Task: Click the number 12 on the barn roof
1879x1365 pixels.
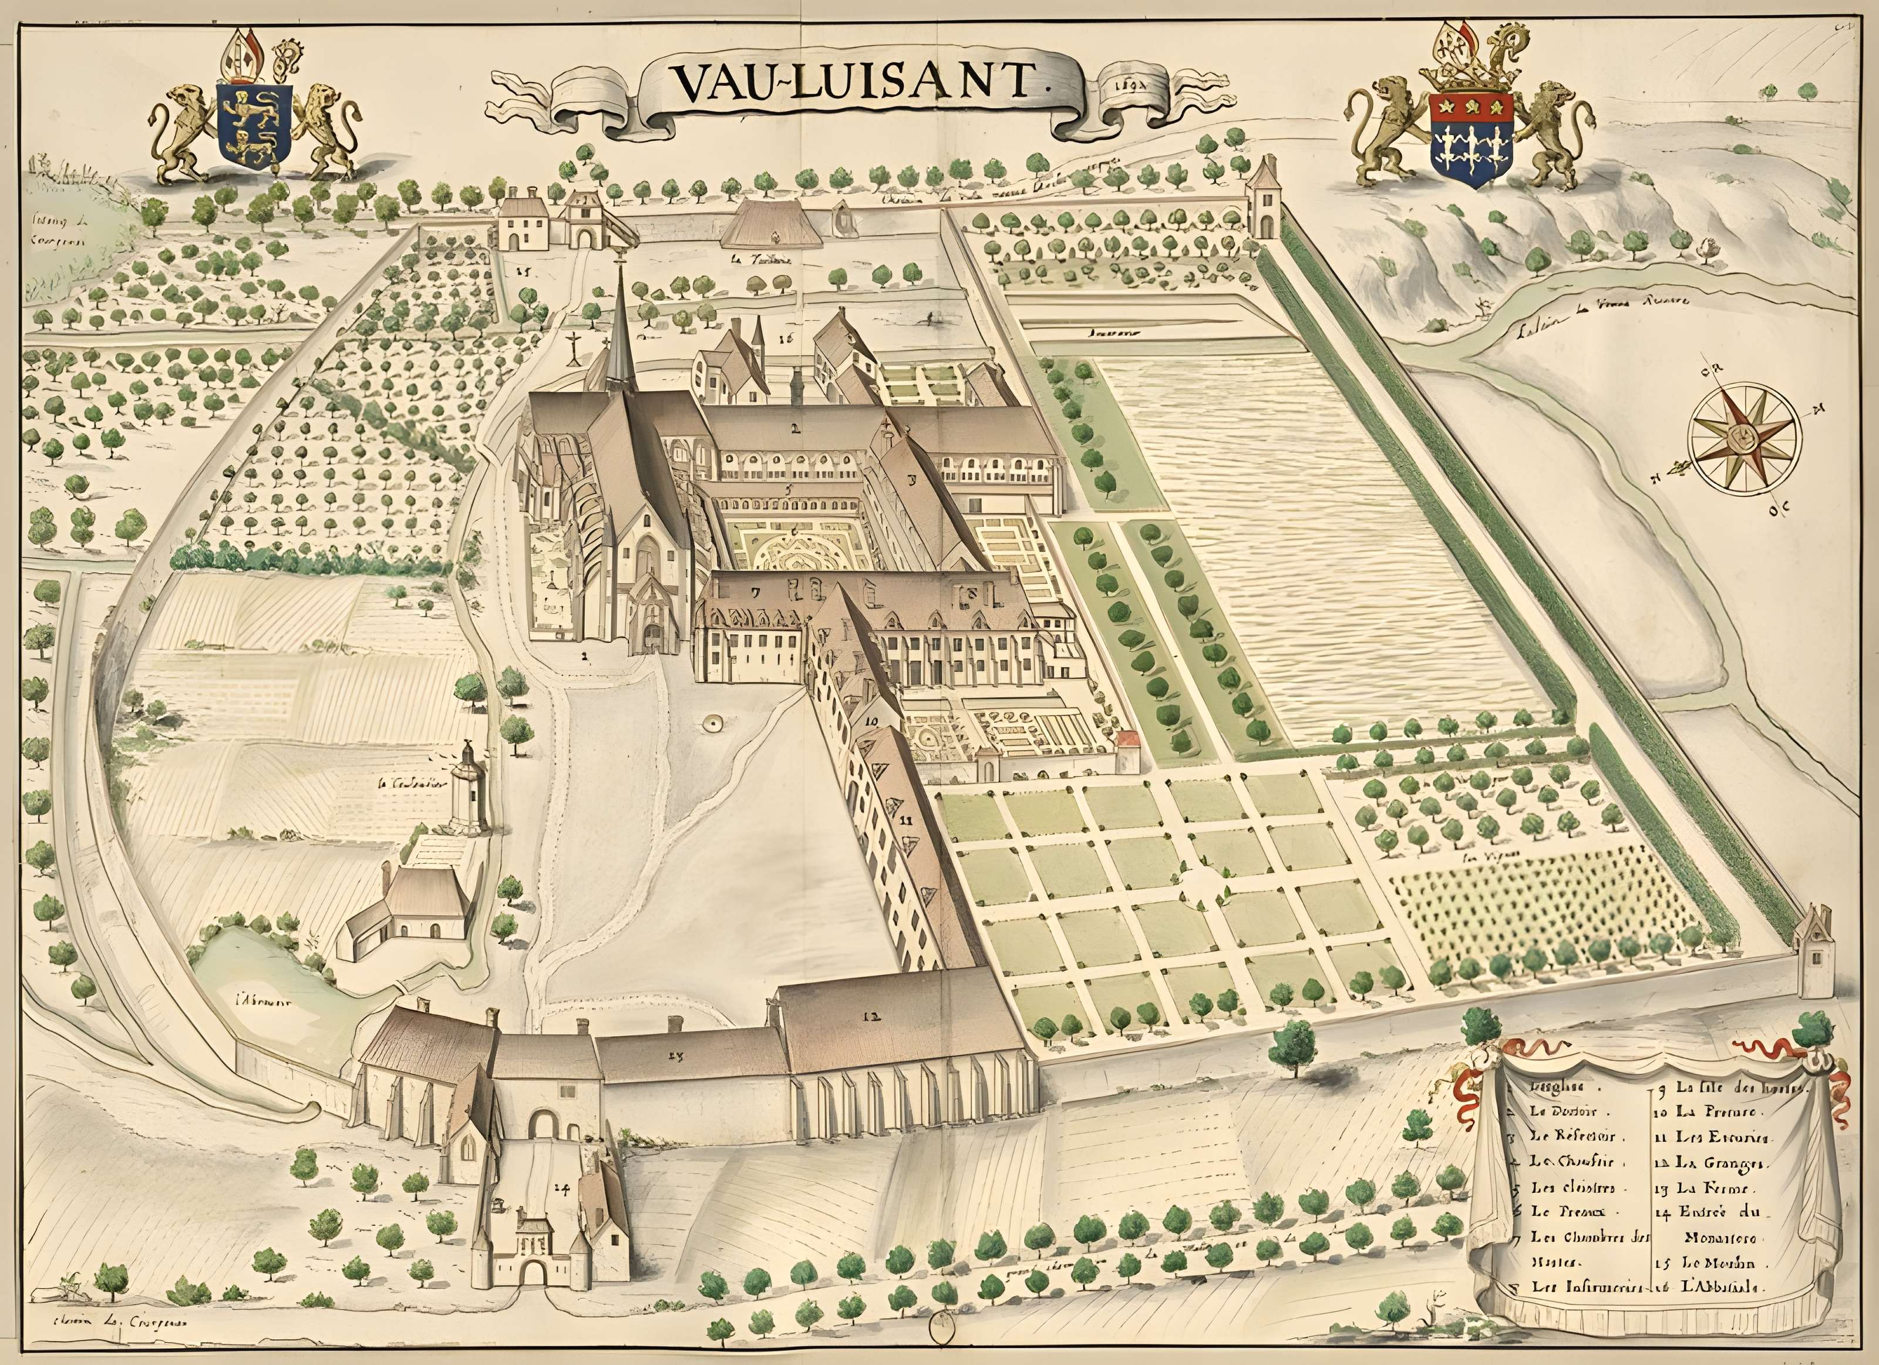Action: coord(869,1017)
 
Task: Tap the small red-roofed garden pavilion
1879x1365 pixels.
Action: coord(1127,750)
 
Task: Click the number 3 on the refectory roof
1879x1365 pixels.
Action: coord(912,479)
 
